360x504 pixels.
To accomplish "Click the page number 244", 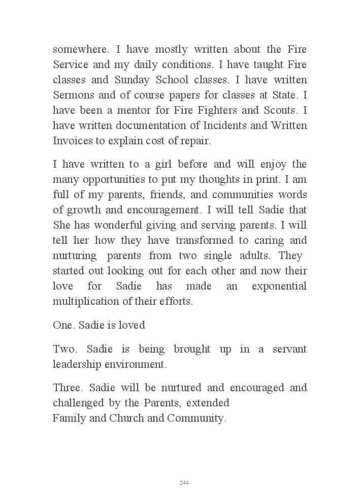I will coord(184,483).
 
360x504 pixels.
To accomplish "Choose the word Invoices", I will coord(72,141).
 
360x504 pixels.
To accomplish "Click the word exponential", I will coord(279,286).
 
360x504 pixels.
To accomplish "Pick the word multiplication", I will coord(84,301).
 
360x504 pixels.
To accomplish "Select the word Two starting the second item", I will coord(65,350).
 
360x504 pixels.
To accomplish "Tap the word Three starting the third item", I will coord(68,388).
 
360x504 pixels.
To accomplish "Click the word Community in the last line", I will coord(196,419).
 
